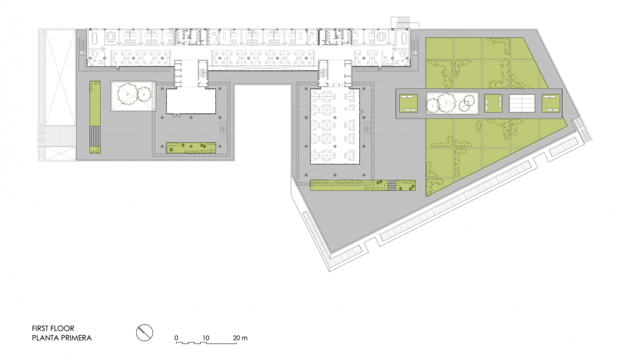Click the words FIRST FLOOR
pyautogui.click(x=53, y=328)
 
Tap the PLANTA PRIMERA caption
pyautogui.click(x=62, y=338)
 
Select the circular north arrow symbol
pyautogui.click(x=144, y=333)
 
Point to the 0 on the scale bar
pyautogui.click(x=176, y=338)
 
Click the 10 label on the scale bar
pyautogui.click(x=206, y=338)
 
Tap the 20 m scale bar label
pyautogui.click(x=240, y=338)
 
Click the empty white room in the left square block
pyautogui.click(x=191, y=101)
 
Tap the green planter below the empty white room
pyautogui.click(x=191, y=148)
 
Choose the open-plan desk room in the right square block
pyautogui.click(x=335, y=126)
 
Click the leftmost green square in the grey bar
pyautogui.click(x=408, y=103)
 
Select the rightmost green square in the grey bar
pyautogui.click(x=551, y=103)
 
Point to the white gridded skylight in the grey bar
pyautogui.click(x=522, y=103)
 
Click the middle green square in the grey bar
pyautogui.click(x=493, y=103)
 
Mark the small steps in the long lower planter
pyautogui.click(x=392, y=185)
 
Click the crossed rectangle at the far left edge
pyautogui.click(x=58, y=95)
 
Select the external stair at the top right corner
pyautogui.click(x=401, y=23)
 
